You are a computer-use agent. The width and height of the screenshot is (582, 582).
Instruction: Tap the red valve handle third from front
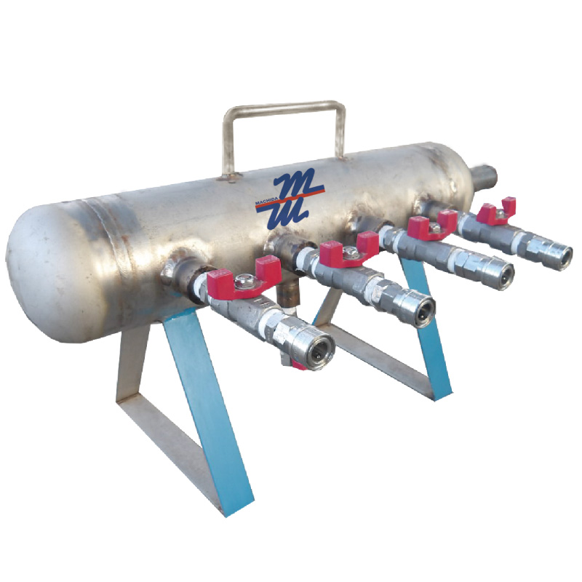tap(431, 226)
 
